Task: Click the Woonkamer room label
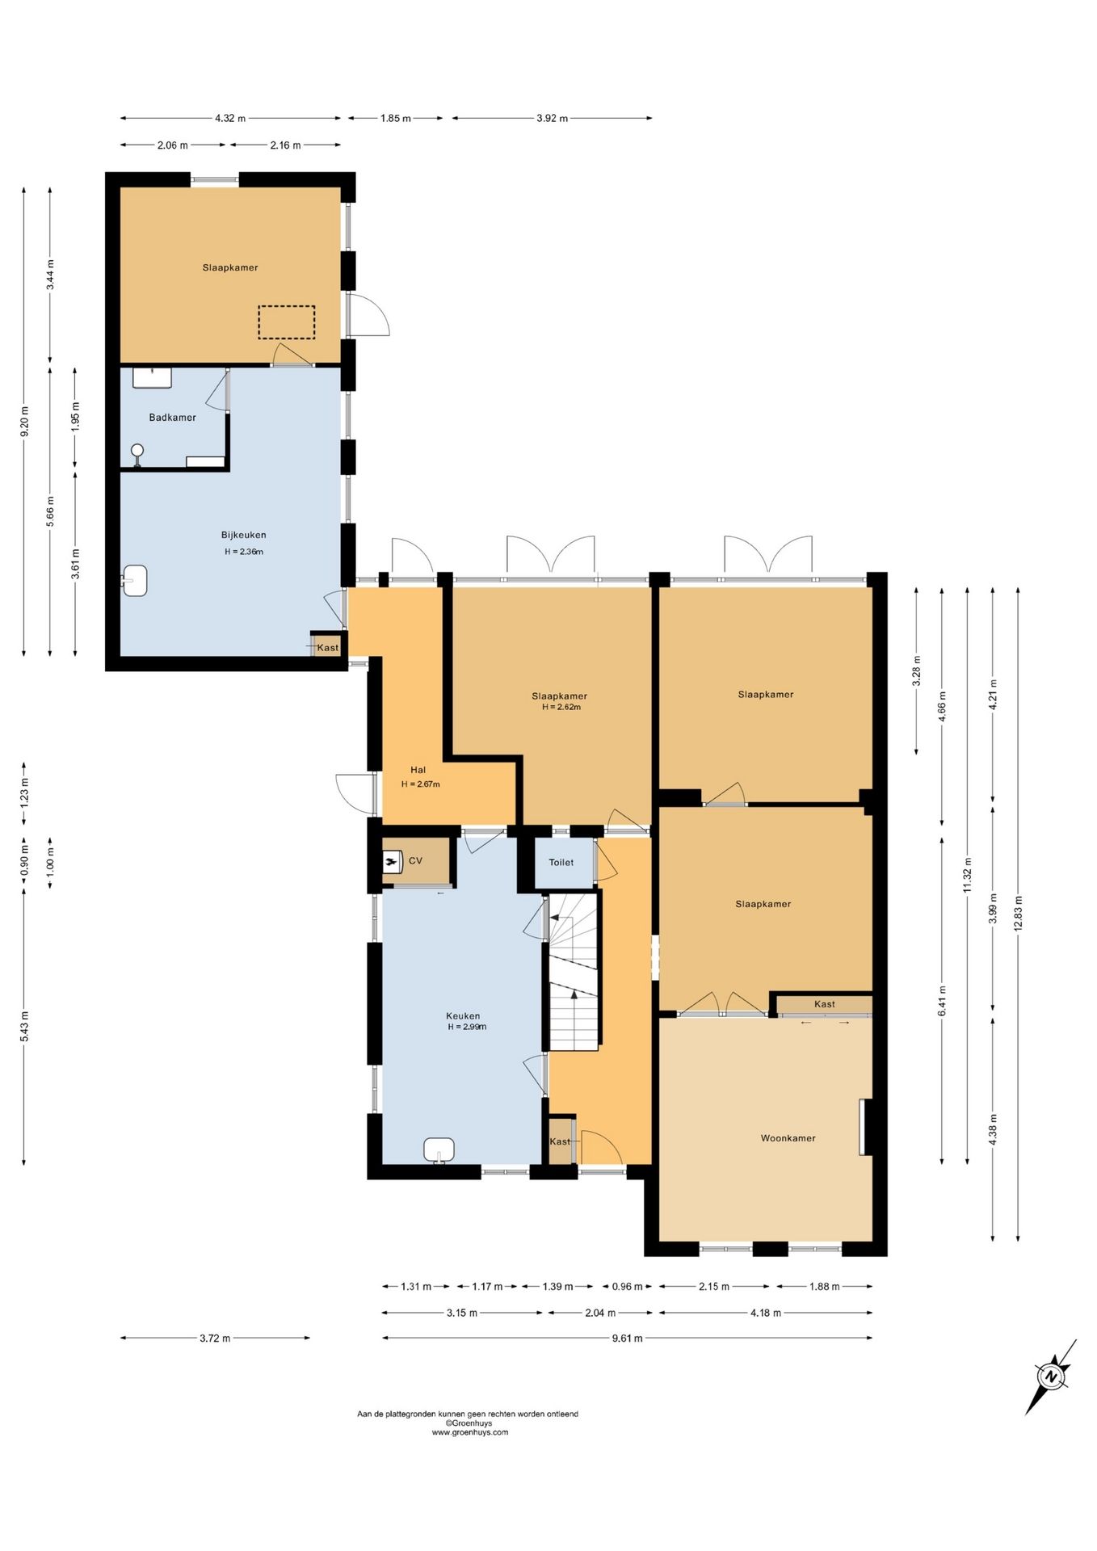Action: click(788, 1138)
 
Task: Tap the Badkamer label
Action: click(173, 418)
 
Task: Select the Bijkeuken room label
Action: click(244, 535)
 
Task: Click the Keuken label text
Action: click(463, 1016)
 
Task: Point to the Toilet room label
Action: click(561, 863)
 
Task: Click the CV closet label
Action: click(415, 861)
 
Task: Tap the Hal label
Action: click(418, 770)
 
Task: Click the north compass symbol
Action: click(1051, 1377)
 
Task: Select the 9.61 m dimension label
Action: click(627, 1338)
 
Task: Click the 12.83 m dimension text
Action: click(1018, 913)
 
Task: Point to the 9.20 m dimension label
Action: click(24, 422)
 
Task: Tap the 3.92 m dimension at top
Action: click(552, 118)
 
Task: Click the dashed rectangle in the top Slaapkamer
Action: click(287, 322)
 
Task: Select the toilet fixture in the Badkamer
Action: click(137, 455)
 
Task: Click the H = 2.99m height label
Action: click(467, 1027)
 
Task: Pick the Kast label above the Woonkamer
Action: click(825, 1004)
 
